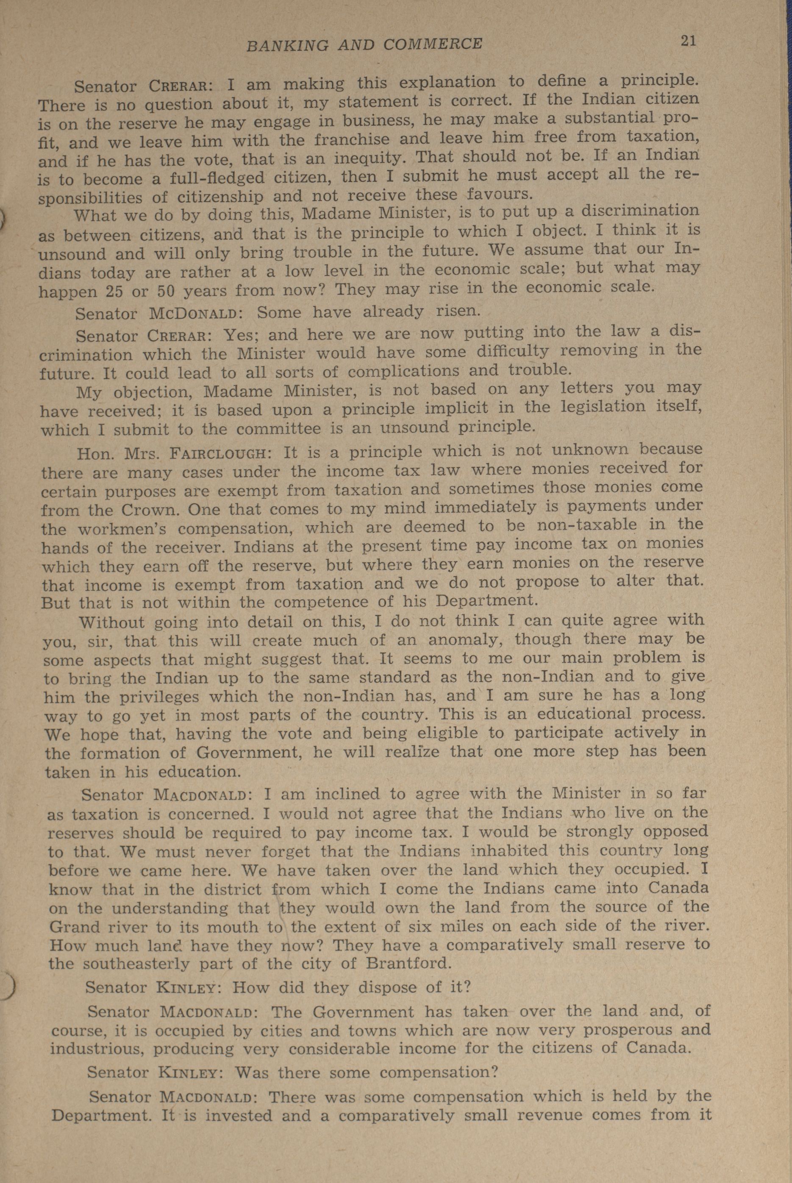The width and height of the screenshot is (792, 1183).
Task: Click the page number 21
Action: pyautogui.click(x=688, y=41)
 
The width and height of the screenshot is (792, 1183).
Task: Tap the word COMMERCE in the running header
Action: pyautogui.click(x=433, y=44)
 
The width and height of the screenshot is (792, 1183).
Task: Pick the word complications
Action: pyautogui.click(x=404, y=372)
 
